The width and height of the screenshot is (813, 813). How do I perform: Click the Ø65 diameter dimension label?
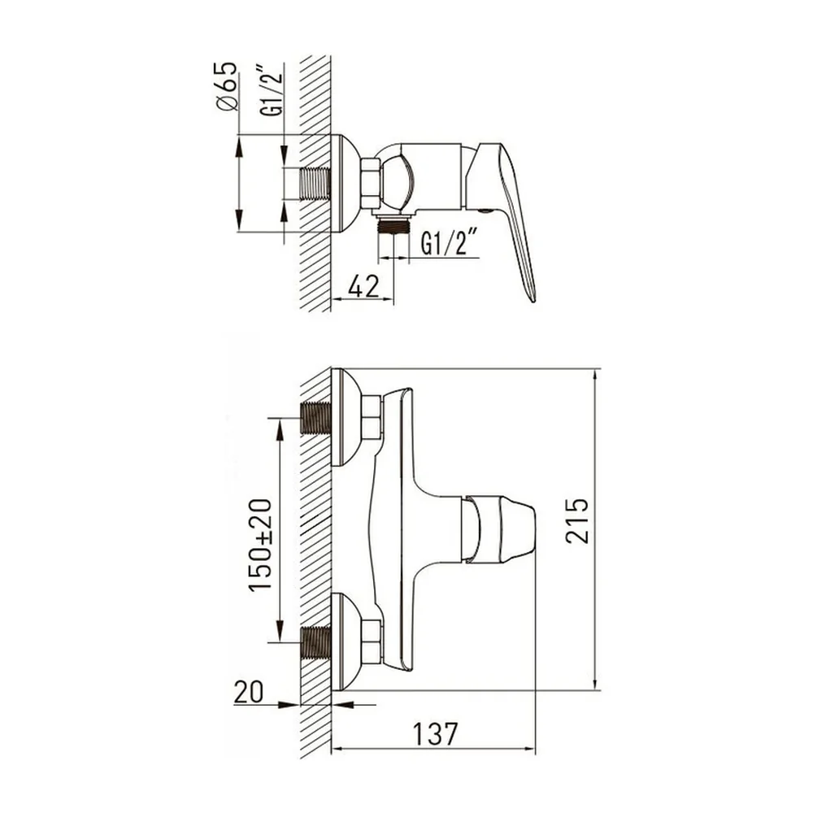point(225,86)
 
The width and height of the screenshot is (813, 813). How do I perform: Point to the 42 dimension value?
point(363,286)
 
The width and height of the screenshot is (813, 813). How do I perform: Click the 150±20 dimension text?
point(260,545)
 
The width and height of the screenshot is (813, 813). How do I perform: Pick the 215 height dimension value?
point(577,520)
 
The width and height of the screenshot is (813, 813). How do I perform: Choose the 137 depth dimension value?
point(435,733)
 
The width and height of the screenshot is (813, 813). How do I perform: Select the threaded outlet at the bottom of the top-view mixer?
point(394,226)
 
